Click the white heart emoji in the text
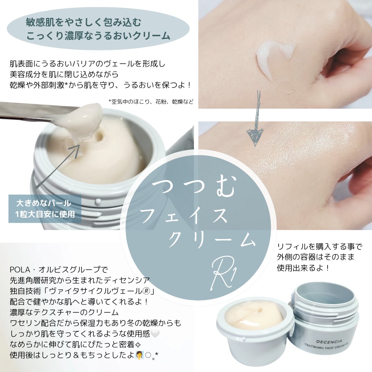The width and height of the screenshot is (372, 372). (x=155, y=334)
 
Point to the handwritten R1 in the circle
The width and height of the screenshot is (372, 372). (x=225, y=276)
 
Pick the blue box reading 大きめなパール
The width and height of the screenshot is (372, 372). (x=45, y=209)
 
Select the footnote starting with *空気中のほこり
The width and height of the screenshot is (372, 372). (x=151, y=102)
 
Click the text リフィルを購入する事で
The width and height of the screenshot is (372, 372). (x=320, y=247)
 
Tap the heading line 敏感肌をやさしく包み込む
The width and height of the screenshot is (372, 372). (x=83, y=22)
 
